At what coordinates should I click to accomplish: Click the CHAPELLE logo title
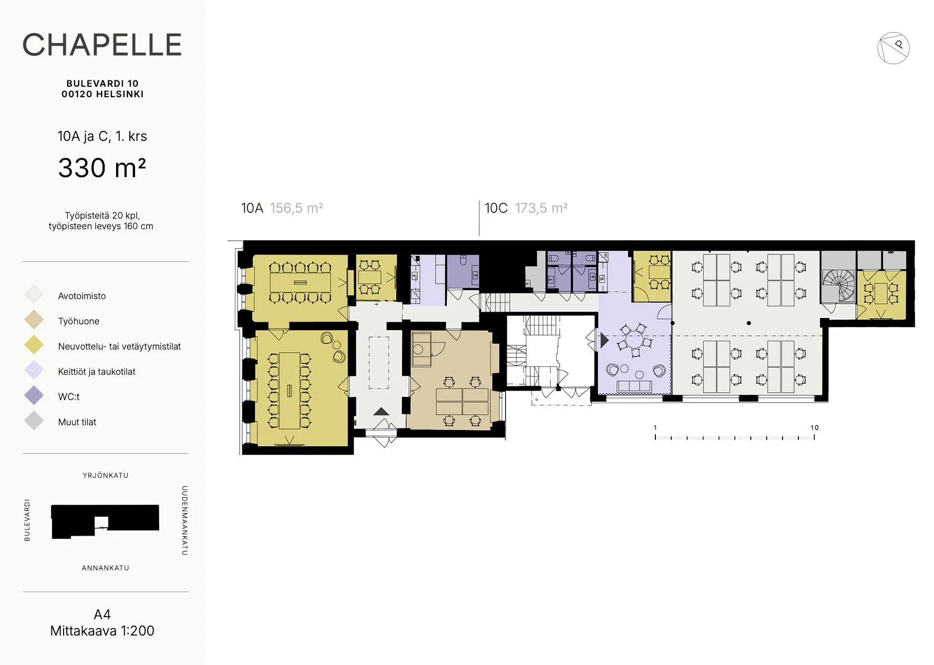click(102, 45)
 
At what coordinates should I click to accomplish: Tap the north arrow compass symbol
click(893, 48)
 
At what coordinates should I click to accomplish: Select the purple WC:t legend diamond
click(34, 395)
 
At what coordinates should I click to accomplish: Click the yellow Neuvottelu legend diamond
click(34, 345)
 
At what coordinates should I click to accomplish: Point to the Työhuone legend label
click(79, 321)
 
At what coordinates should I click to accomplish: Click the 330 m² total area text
click(102, 168)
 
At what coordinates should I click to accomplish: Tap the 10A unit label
click(252, 208)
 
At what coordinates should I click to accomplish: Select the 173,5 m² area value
click(541, 208)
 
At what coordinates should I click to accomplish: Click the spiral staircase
click(839, 286)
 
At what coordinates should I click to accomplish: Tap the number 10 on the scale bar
click(814, 427)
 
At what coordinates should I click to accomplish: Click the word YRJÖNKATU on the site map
click(106, 475)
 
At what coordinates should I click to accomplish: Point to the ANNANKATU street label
click(106, 568)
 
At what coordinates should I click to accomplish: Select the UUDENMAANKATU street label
click(184, 520)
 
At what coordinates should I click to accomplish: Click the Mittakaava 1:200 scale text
click(102, 631)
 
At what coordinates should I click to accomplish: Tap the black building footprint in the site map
click(105, 518)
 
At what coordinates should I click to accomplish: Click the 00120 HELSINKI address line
click(102, 94)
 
